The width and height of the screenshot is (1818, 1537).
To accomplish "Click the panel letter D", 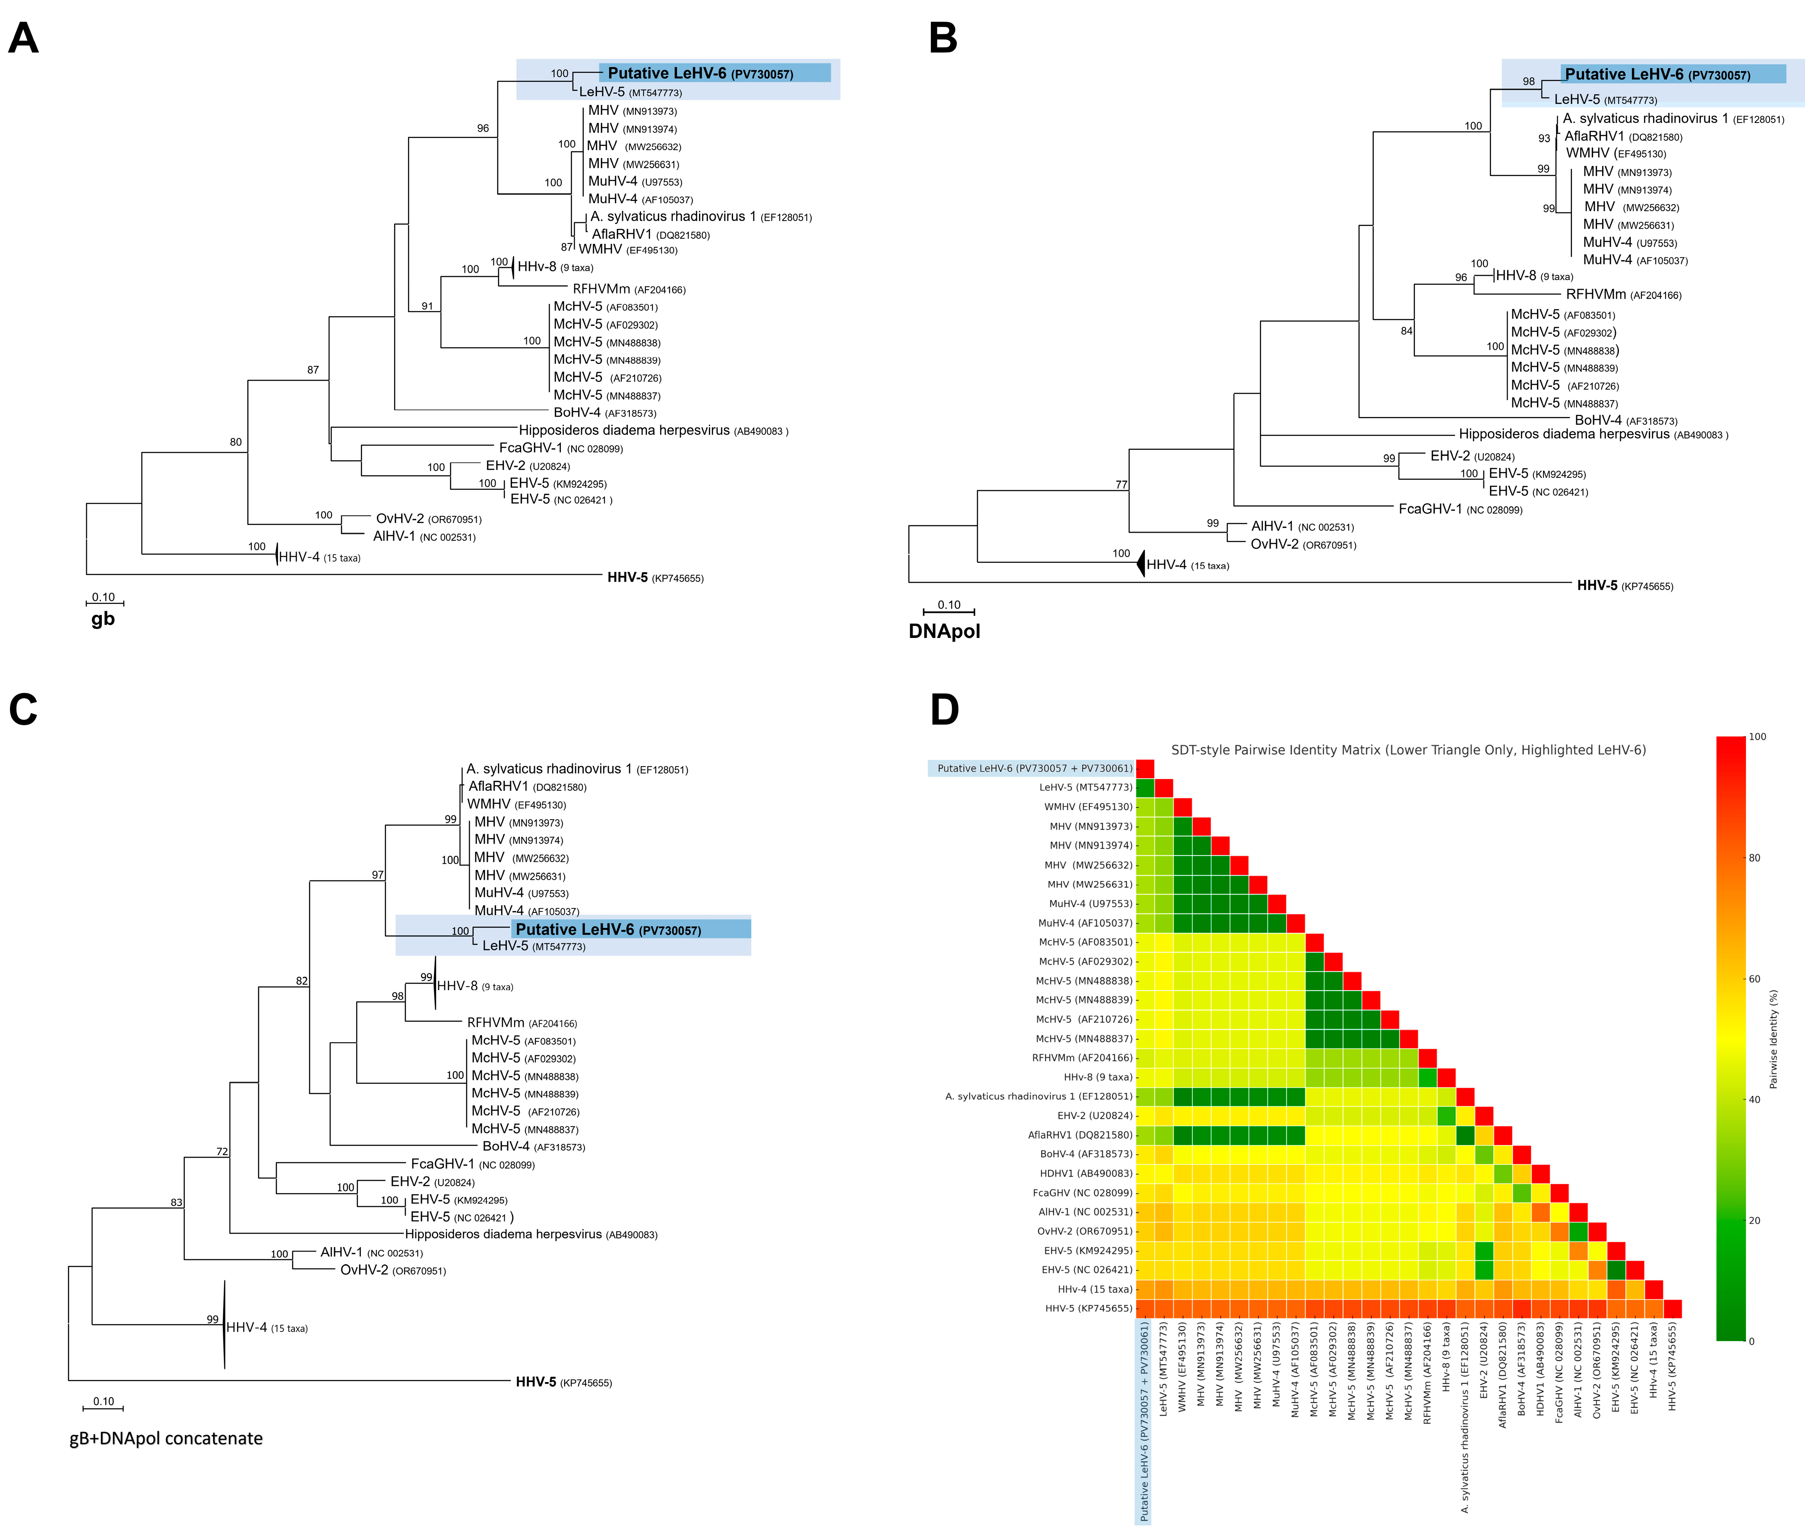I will (x=945, y=710).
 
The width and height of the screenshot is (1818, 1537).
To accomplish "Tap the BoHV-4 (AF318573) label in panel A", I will (x=604, y=413).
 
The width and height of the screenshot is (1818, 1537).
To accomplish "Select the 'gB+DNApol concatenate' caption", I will (x=166, y=1439).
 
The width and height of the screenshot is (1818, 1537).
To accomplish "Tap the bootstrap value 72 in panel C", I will (x=222, y=1152).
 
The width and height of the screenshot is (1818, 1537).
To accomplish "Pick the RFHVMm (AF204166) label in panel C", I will (x=521, y=1023).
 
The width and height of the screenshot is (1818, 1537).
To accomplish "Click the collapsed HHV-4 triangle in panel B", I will (x=1140, y=565).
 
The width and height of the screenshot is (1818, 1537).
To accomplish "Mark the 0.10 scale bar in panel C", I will (x=103, y=1406).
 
